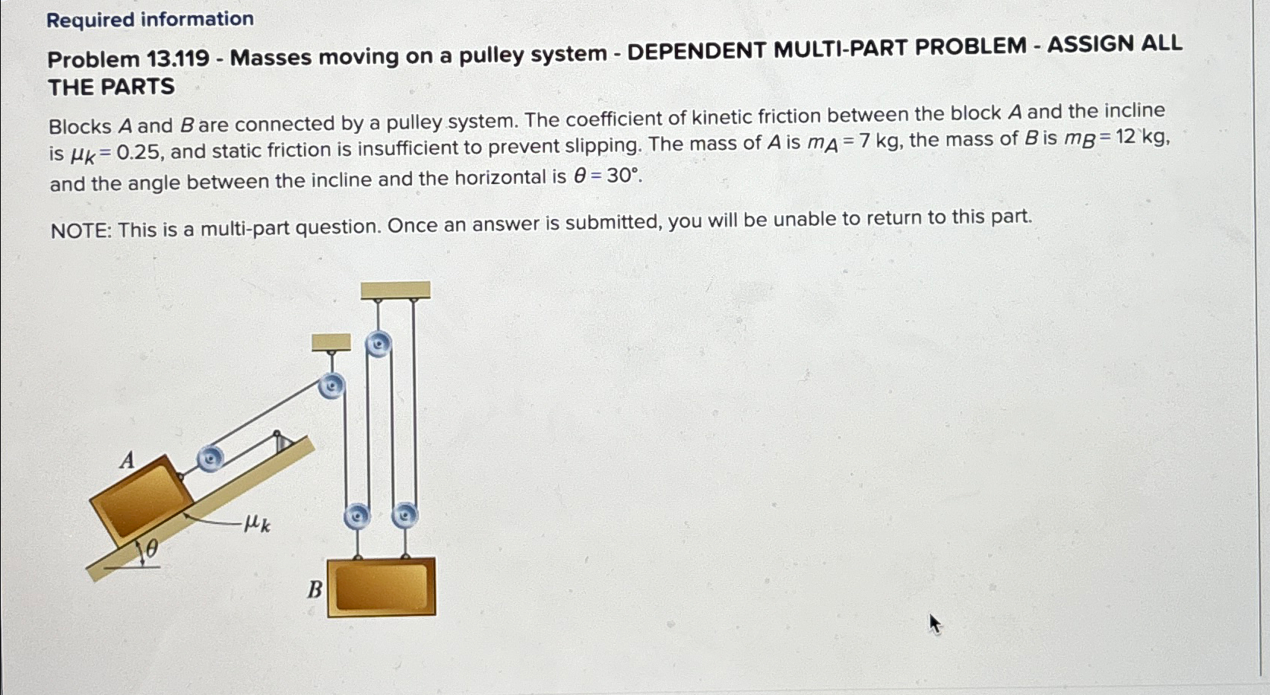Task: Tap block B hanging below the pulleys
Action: point(382,587)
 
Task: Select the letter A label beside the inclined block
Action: point(128,460)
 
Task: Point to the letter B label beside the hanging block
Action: point(315,590)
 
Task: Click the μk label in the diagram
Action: point(257,523)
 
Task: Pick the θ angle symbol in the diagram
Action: point(151,549)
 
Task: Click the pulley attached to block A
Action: point(211,458)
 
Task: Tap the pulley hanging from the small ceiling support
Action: point(331,386)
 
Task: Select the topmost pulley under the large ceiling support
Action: point(378,344)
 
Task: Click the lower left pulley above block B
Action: point(357,516)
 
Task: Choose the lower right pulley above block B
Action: point(405,516)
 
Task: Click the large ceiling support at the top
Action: point(395,290)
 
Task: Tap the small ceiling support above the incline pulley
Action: point(331,342)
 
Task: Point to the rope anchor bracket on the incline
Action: point(282,442)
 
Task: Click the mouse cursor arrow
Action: point(935,624)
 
